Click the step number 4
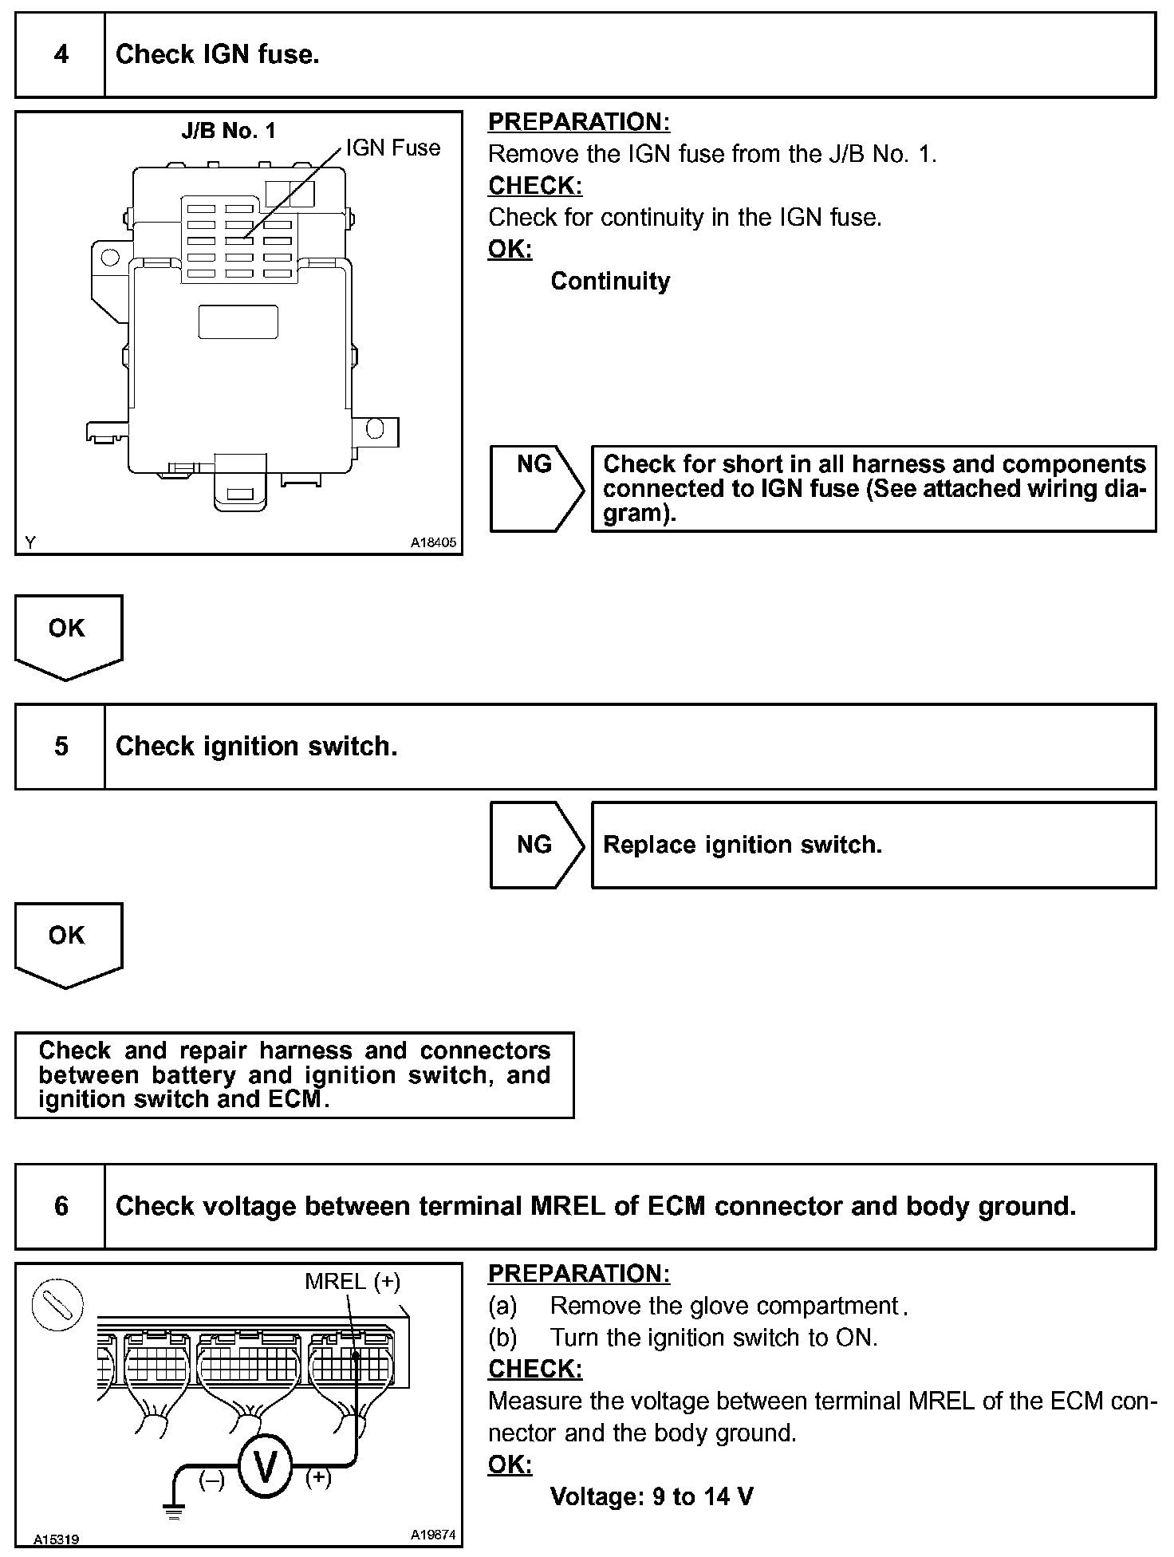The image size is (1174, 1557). click(x=61, y=55)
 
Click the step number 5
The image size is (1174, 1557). click(x=61, y=747)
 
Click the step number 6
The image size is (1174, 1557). click(x=61, y=1206)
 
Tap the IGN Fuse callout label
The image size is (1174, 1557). click(x=392, y=148)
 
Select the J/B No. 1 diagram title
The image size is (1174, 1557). click(x=228, y=131)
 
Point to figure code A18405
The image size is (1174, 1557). click(x=433, y=542)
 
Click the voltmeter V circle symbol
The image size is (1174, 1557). click(x=264, y=1466)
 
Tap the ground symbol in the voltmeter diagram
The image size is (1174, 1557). click(x=173, y=1510)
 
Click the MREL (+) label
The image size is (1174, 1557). click(x=352, y=1282)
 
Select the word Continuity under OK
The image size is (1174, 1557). click(x=610, y=282)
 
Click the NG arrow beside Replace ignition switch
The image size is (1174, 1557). click(x=537, y=845)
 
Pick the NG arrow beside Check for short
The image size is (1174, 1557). click(x=537, y=488)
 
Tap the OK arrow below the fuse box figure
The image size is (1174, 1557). click(x=68, y=636)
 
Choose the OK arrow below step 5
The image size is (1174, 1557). click(x=68, y=944)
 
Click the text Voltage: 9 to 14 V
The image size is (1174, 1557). click(x=651, y=1496)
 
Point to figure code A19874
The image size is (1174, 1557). click(x=433, y=1534)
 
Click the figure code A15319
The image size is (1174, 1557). click(x=56, y=1539)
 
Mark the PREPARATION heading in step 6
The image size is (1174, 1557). click(x=578, y=1274)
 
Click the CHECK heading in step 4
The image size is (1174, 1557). click(x=534, y=186)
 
